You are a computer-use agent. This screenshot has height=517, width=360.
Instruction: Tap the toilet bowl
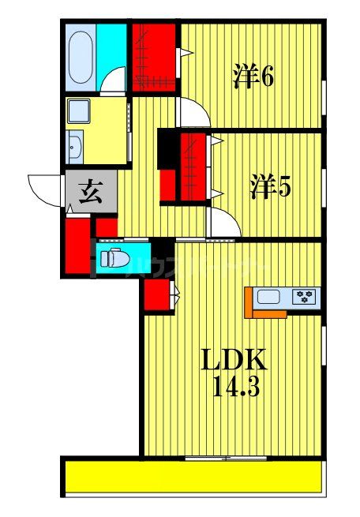coord(112,257)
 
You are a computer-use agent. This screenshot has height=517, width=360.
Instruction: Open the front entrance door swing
coord(43,189)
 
